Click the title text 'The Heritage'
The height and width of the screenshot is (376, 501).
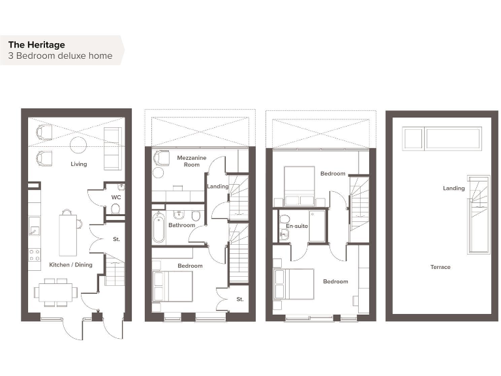37,44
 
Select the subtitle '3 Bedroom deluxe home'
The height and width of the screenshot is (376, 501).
60,56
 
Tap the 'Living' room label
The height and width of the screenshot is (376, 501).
79,164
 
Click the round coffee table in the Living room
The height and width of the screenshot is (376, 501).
79,144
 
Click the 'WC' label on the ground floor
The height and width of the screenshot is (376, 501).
116,196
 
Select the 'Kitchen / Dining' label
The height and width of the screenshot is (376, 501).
71,265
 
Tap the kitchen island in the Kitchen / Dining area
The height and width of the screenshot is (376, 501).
68,235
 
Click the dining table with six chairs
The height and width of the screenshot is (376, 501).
57,292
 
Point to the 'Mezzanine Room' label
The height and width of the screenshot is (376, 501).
188,161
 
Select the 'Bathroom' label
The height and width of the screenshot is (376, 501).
181,225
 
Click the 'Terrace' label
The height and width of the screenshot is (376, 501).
440,267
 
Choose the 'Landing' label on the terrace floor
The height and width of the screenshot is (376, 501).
454,189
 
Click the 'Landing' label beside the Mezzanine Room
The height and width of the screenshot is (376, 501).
217,187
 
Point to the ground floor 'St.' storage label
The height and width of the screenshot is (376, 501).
116,240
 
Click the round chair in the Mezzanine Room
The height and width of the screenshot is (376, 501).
158,173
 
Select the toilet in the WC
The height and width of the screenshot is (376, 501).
115,209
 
